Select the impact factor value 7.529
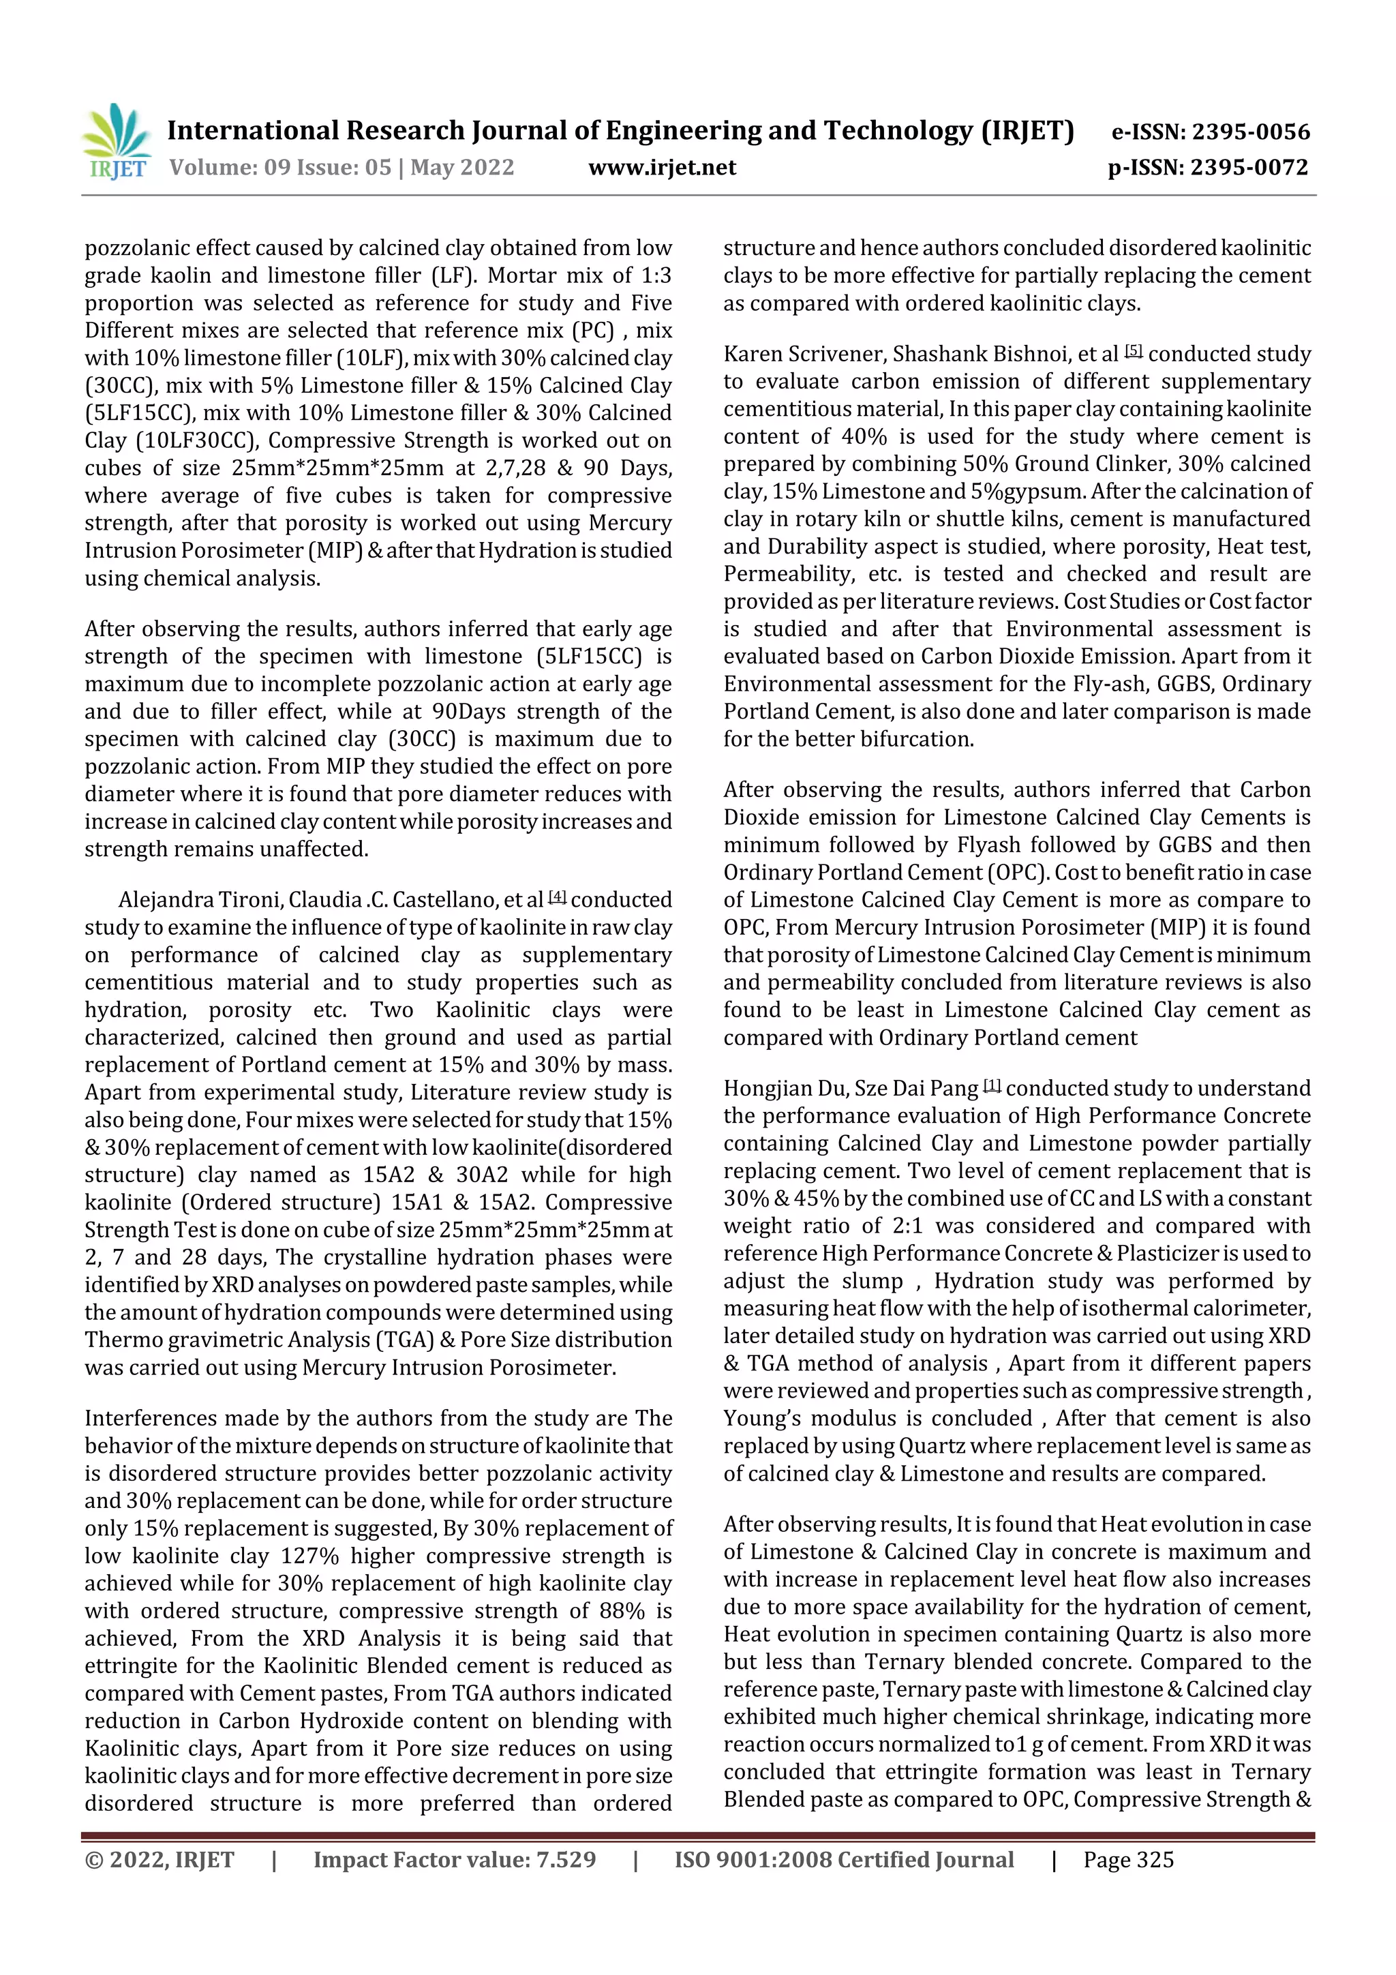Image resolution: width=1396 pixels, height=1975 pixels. [x=565, y=1860]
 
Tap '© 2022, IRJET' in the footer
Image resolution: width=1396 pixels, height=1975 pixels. [x=159, y=1860]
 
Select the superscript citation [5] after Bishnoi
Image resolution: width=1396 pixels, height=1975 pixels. [x=1134, y=351]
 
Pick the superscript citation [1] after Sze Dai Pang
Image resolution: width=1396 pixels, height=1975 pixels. [x=992, y=1085]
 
